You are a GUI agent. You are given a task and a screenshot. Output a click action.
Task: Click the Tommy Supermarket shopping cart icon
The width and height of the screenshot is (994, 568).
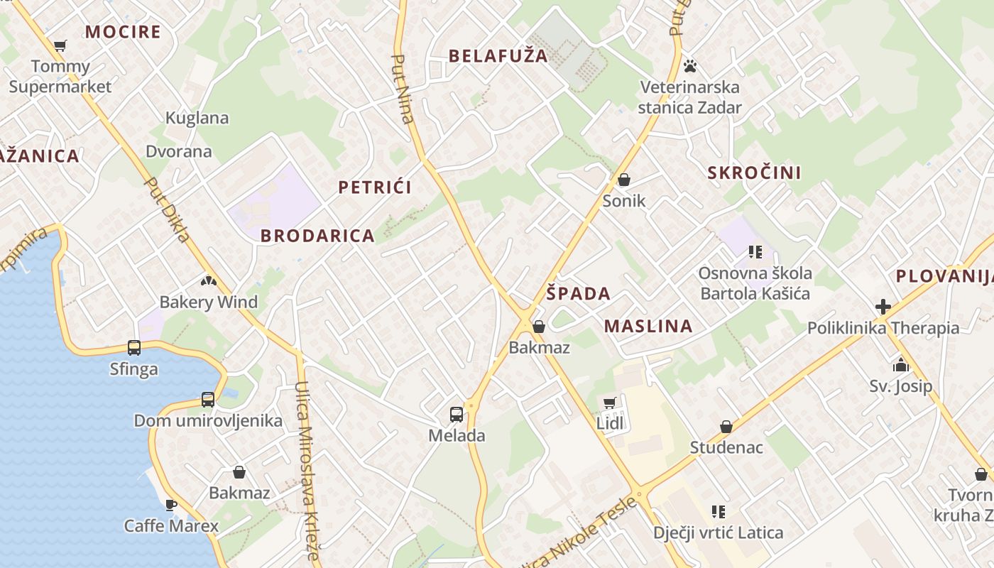[x=60, y=46]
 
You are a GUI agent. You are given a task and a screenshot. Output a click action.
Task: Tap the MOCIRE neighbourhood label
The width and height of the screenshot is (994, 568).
[x=123, y=32]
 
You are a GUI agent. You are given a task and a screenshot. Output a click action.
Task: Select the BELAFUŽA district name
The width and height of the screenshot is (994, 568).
[x=498, y=56]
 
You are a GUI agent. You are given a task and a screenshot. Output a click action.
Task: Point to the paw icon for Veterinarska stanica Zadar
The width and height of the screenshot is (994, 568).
[x=690, y=67]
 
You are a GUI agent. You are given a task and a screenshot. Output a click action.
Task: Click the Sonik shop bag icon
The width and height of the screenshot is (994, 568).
[x=624, y=180]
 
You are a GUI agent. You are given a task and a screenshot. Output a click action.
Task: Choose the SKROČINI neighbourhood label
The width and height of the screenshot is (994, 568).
[x=754, y=173]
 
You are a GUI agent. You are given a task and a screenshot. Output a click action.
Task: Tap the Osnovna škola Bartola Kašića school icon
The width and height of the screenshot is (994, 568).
[x=755, y=252]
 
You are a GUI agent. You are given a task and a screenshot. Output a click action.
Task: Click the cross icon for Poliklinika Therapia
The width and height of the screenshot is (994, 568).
[x=883, y=307]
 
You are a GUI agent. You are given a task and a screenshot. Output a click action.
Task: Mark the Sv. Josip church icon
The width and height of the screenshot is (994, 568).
[x=901, y=366]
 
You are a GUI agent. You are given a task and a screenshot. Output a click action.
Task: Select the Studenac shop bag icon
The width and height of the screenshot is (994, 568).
[x=726, y=427]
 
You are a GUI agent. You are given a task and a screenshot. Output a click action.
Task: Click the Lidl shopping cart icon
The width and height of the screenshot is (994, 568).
[x=609, y=403]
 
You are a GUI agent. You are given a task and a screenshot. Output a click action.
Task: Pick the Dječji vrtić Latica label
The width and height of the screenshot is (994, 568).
[x=719, y=532]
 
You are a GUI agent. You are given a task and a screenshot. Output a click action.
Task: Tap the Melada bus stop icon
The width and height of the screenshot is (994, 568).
[x=457, y=415]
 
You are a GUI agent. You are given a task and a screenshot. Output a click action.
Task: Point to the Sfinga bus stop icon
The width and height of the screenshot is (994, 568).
[x=134, y=348]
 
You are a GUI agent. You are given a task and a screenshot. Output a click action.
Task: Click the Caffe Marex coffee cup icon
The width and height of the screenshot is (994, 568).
[x=171, y=505]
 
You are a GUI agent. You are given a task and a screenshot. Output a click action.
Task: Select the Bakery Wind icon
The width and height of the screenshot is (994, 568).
[x=208, y=281]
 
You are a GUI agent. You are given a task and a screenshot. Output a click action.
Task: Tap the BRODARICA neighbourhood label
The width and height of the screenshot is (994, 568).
[x=317, y=236]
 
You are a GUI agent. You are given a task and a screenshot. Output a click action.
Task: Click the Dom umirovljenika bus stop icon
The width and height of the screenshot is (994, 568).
[x=208, y=400]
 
